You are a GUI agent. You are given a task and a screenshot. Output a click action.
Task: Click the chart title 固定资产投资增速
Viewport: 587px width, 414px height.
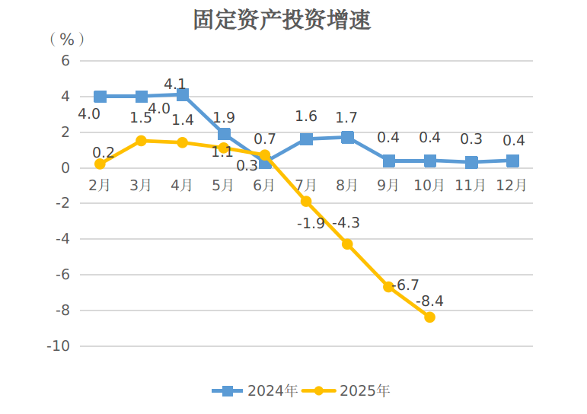coord(282,20)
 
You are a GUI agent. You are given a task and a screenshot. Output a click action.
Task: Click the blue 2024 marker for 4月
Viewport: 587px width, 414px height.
coord(183,94)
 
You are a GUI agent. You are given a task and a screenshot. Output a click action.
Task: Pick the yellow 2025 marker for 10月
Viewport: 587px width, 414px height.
coord(429,317)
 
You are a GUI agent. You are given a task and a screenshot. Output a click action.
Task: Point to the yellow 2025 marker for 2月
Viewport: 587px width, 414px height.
coord(100,164)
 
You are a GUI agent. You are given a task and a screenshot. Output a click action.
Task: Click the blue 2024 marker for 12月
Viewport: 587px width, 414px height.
coord(512,161)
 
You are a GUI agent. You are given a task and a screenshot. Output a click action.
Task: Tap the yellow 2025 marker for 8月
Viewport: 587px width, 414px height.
coord(347,244)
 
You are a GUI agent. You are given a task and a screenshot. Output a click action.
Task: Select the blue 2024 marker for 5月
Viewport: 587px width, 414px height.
coord(224,134)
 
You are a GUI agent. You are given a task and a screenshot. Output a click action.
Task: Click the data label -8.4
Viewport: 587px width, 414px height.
coord(429,301)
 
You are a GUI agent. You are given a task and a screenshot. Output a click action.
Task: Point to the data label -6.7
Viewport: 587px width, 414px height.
coord(405,285)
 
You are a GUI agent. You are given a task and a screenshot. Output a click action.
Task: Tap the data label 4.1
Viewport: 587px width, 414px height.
coord(175,83)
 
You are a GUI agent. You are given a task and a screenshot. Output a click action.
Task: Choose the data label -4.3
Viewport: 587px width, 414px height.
coord(346,223)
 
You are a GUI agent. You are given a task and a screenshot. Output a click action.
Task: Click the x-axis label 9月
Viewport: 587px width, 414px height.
coord(388,186)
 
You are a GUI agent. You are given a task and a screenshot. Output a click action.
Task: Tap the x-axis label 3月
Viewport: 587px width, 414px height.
coord(141,186)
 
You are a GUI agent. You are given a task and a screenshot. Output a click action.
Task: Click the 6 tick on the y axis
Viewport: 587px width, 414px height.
coord(65,61)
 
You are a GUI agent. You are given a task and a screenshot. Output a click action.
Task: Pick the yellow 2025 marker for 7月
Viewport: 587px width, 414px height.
coord(306,202)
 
